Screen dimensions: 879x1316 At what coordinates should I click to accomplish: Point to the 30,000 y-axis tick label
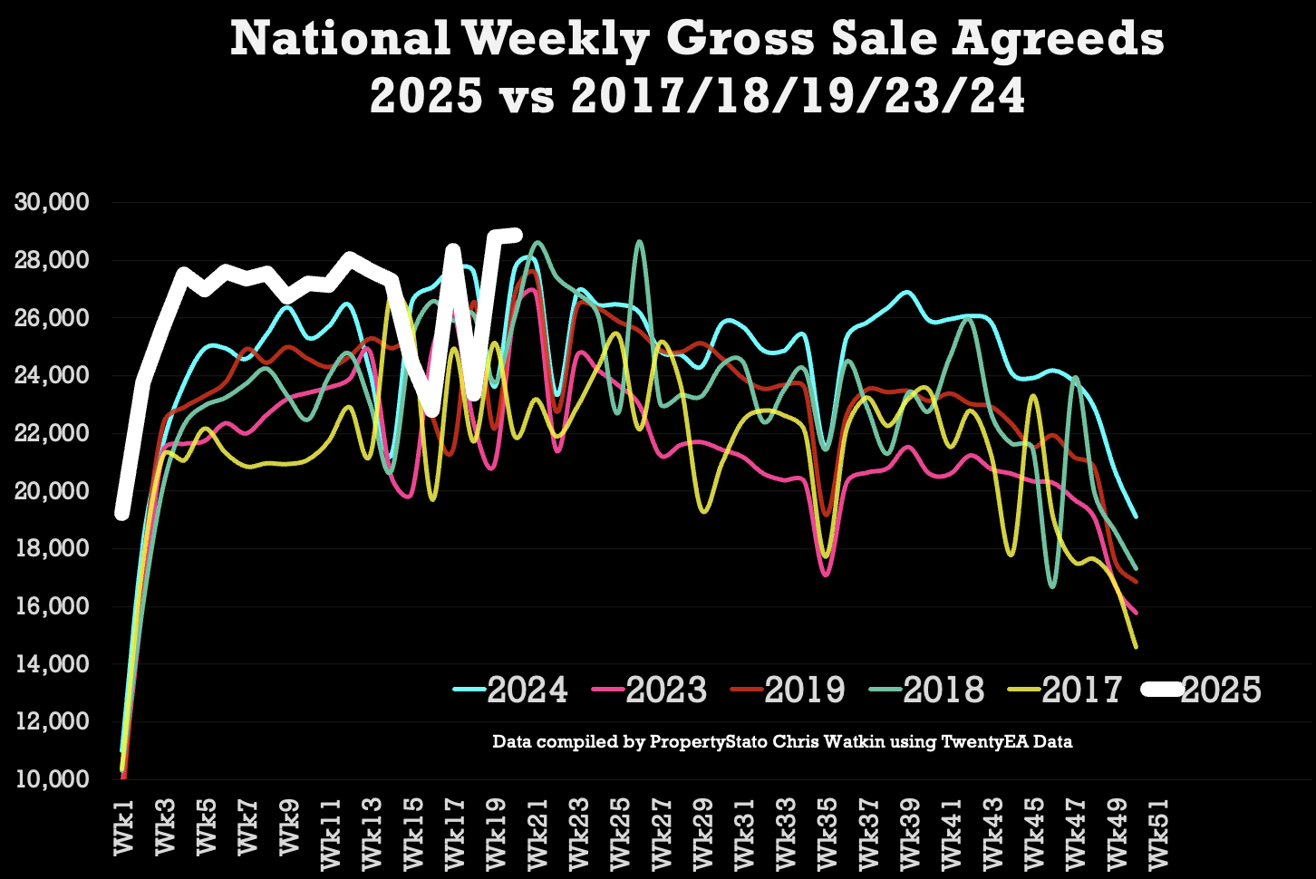pyautogui.click(x=53, y=202)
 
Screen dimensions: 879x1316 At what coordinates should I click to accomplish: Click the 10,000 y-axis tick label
pyautogui.click(x=53, y=779)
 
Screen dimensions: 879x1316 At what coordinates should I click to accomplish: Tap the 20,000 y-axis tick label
pyautogui.click(x=53, y=491)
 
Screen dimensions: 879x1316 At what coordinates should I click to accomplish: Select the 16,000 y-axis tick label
pyautogui.click(x=53, y=606)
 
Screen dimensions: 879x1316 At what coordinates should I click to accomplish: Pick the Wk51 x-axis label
pyautogui.click(x=1157, y=833)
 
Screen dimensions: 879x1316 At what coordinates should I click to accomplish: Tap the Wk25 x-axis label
pyautogui.click(x=620, y=833)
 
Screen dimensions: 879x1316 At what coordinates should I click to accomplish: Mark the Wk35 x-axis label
pyautogui.click(x=827, y=833)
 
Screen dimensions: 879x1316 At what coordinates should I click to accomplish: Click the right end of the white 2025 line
pyautogui.click(x=517, y=235)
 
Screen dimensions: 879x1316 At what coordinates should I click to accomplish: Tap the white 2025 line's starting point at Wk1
pyautogui.click(x=121, y=514)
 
